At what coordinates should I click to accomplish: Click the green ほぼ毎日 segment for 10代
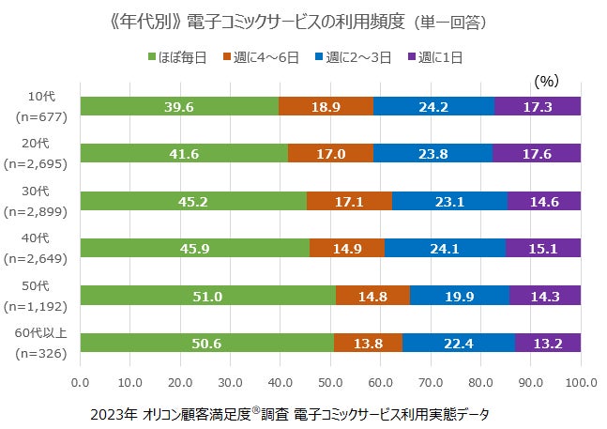[x=179, y=106]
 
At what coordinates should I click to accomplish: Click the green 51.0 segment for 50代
[x=207, y=297]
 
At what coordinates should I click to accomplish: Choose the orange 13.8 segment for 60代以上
[x=368, y=344]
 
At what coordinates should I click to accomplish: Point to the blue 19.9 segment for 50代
[x=459, y=297]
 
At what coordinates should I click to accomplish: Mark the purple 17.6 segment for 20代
[x=537, y=154]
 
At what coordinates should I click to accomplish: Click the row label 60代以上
[x=40, y=334]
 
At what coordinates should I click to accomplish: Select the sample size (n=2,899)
[x=39, y=214]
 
